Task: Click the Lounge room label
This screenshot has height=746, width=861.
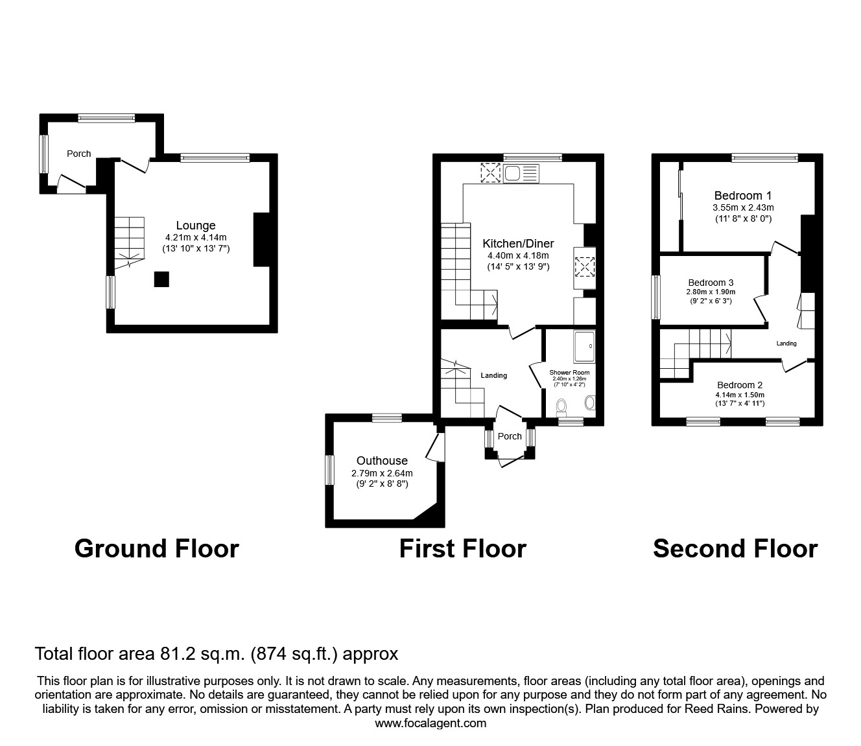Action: (195, 226)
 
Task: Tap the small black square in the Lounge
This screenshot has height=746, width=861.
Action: (161, 279)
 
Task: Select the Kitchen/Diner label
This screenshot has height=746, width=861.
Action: (518, 244)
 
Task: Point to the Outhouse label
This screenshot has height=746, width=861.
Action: (382, 461)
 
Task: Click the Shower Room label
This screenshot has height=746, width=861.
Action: (569, 373)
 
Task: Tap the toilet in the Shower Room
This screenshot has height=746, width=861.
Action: (561, 406)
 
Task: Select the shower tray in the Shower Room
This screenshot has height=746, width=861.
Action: (584, 346)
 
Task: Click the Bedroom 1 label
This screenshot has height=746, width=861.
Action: (742, 196)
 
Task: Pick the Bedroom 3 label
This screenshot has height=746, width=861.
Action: (711, 283)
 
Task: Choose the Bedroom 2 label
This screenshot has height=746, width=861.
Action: (740, 385)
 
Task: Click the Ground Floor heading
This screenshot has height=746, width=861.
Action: (157, 549)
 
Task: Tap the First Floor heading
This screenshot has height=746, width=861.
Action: (462, 549)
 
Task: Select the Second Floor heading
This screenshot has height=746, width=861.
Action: (735, 549)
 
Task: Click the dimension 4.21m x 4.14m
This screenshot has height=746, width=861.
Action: (195, 237)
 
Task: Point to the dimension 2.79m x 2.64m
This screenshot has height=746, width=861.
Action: (382, 473)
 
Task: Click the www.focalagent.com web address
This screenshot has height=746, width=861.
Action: (430, 723)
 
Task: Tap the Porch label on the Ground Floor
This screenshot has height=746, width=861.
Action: (79, 154)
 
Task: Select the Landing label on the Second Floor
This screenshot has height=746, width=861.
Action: (786, 344)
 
